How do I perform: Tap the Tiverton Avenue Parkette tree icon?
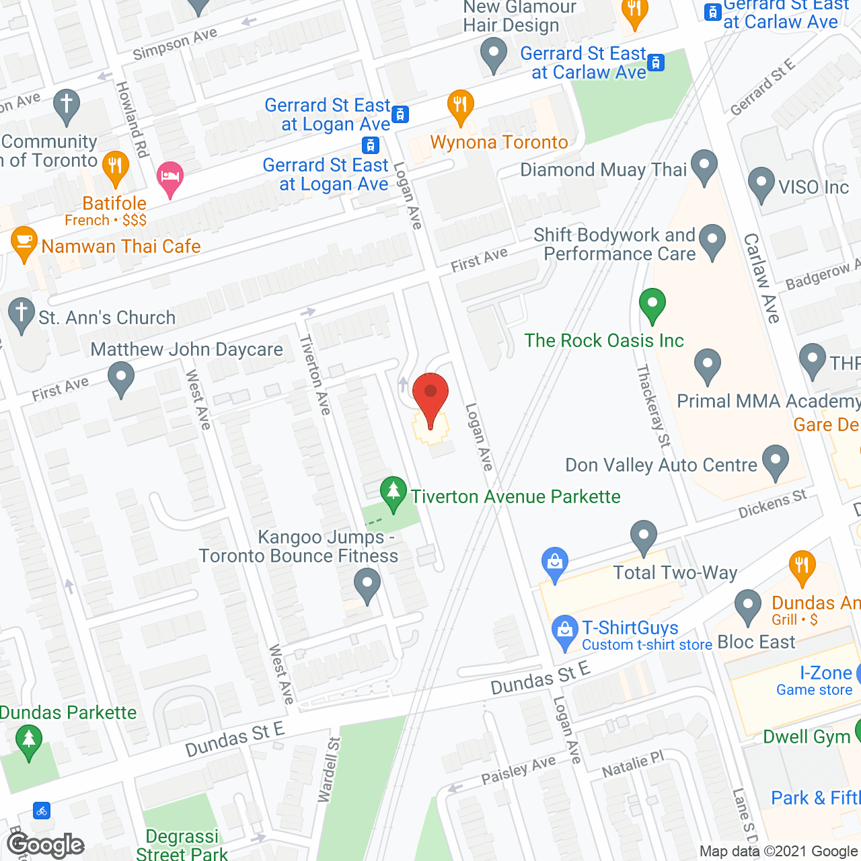pyautogui.click(x=394, y=493)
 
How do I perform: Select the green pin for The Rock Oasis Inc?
pyautogui.click(x=652, y=305)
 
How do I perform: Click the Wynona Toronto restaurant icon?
pyautogui.click(x=461, y=106)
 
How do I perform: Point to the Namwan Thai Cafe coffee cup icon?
pyautogui.click(x=24, y=244)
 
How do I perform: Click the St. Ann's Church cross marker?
pyautogui.click(x=22, y=314)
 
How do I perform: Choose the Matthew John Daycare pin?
pyautogui.click(x=121, y=378)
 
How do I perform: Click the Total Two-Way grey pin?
pyautogui.click(x=644, y=537)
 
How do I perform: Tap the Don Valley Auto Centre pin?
pyautogui.click(x=776, y=461)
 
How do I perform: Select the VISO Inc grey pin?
pyautogui.click(x=761, y=184)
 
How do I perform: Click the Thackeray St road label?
pyautogui.click(x=653, y=406)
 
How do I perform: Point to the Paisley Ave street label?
pyautogui.click(x=518, y=770)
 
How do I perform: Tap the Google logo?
pyautogui.click(x=46, y=845)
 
